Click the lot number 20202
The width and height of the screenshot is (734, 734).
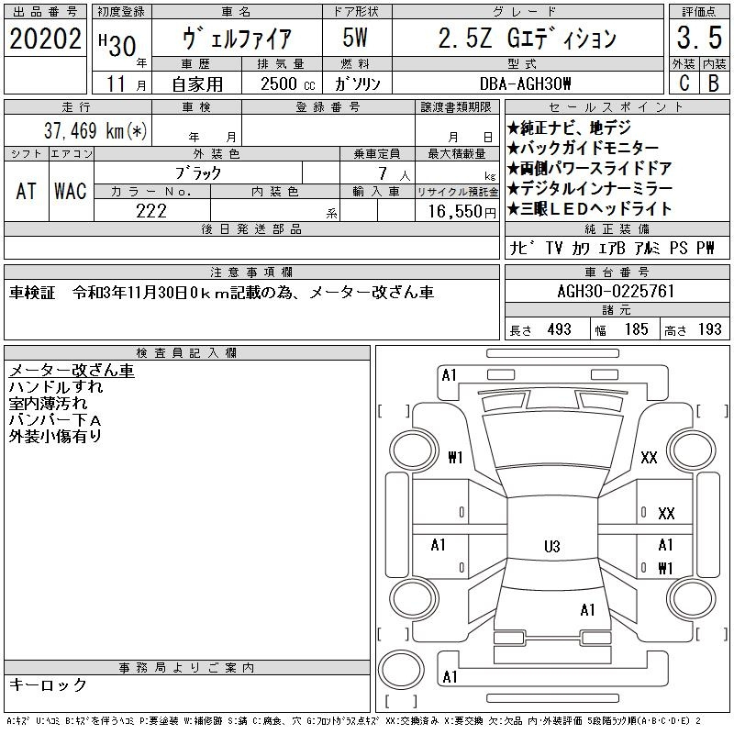(x=45, y=39)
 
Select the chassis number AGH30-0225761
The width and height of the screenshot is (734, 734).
(x=616, y=291)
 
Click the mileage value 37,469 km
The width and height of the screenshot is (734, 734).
(x=95, y=130)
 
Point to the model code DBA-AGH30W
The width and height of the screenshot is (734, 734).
(x=525, y=83)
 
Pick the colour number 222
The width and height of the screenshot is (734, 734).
(x=151, y=211)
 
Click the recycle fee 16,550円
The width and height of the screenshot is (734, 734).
(x=462, y=211)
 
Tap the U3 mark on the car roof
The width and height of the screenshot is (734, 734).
(x=552, y=546)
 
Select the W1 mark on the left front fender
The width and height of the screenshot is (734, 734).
(x=455, y=457)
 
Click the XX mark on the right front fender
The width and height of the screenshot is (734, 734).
(x=649, y=457)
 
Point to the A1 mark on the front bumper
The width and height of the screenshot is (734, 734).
(x=449, y=375)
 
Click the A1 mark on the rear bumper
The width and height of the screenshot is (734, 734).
(x=450, y=677)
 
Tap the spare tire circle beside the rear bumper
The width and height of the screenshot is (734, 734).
(x=401, y=670)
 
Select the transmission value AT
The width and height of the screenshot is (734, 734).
(x=27, y=191)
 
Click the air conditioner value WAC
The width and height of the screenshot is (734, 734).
(x=71, y=191)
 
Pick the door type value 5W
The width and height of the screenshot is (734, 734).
(x=355, y=38)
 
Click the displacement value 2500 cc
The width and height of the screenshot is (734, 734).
(x=288, y=83)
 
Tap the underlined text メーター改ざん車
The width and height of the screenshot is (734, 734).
(x=72, y=371)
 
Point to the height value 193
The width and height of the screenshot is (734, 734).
(x=709, y=329)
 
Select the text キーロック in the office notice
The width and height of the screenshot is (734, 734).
(x=48, y=684)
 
